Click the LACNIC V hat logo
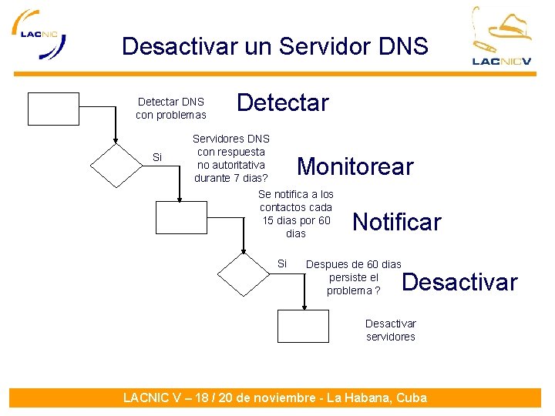tap(502, 36)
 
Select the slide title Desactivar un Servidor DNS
tap(274, 46)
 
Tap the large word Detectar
tap(282, 102)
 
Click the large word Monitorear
tap(355, 166)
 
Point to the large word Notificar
tap(396, 223)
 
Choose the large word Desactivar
tap(459, 282)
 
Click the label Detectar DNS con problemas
tap(171, 108)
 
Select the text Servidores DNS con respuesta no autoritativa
tap(230, 158)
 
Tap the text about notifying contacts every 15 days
tap(296, 213)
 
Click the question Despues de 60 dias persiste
tap(354, 277)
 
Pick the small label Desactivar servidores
tap(390, 330)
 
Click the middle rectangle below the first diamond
tap(181, 217)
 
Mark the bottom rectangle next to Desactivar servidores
tap(303, 326)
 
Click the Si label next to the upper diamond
tap(157, 157)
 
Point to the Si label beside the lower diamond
tap(281, 263)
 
